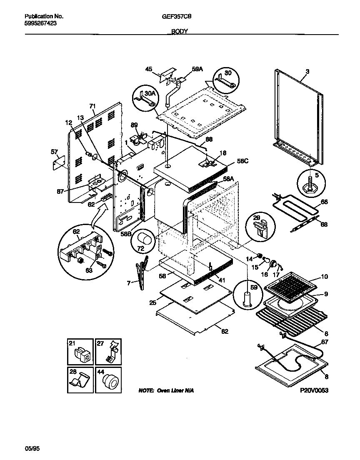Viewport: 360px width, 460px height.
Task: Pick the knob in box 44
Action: (110, 380)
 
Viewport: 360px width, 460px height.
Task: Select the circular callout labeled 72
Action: (144, 241)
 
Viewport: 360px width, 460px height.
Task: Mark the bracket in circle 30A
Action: (146, 99)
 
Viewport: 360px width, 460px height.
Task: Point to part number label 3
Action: (307, 71)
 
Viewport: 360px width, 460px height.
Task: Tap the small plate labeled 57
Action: (58, 162)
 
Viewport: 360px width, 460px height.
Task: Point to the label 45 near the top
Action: (148, 69)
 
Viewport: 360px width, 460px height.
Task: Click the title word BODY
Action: (180, 32)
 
